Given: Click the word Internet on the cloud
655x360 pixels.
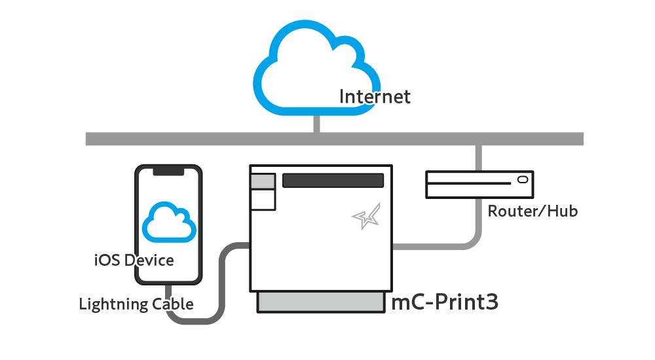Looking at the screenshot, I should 375,97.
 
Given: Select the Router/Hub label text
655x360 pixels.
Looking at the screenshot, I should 533,211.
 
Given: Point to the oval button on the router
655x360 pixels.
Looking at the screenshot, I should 522,179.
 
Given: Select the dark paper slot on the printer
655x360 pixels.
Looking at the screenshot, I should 333,181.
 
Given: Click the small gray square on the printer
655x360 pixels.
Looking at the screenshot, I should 262,181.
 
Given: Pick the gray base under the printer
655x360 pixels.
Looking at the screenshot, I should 321,302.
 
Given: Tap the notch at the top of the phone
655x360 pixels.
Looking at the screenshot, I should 168,171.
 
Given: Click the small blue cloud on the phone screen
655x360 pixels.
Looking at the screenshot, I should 169,223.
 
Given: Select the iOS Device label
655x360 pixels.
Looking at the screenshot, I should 134,261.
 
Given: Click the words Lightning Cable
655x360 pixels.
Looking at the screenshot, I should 136,304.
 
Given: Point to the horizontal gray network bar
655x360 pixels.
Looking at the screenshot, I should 196,139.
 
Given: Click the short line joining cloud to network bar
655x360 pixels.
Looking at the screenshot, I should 317,124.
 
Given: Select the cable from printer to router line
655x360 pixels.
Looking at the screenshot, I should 432,246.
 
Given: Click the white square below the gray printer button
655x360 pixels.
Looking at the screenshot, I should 263,199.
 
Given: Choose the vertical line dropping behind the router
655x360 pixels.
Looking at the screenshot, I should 479,157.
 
